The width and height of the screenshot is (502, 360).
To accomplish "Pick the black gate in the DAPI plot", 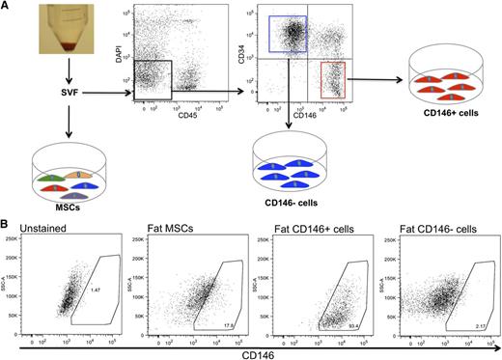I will pos(152,79).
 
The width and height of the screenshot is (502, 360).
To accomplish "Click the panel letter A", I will pos(8,8).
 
